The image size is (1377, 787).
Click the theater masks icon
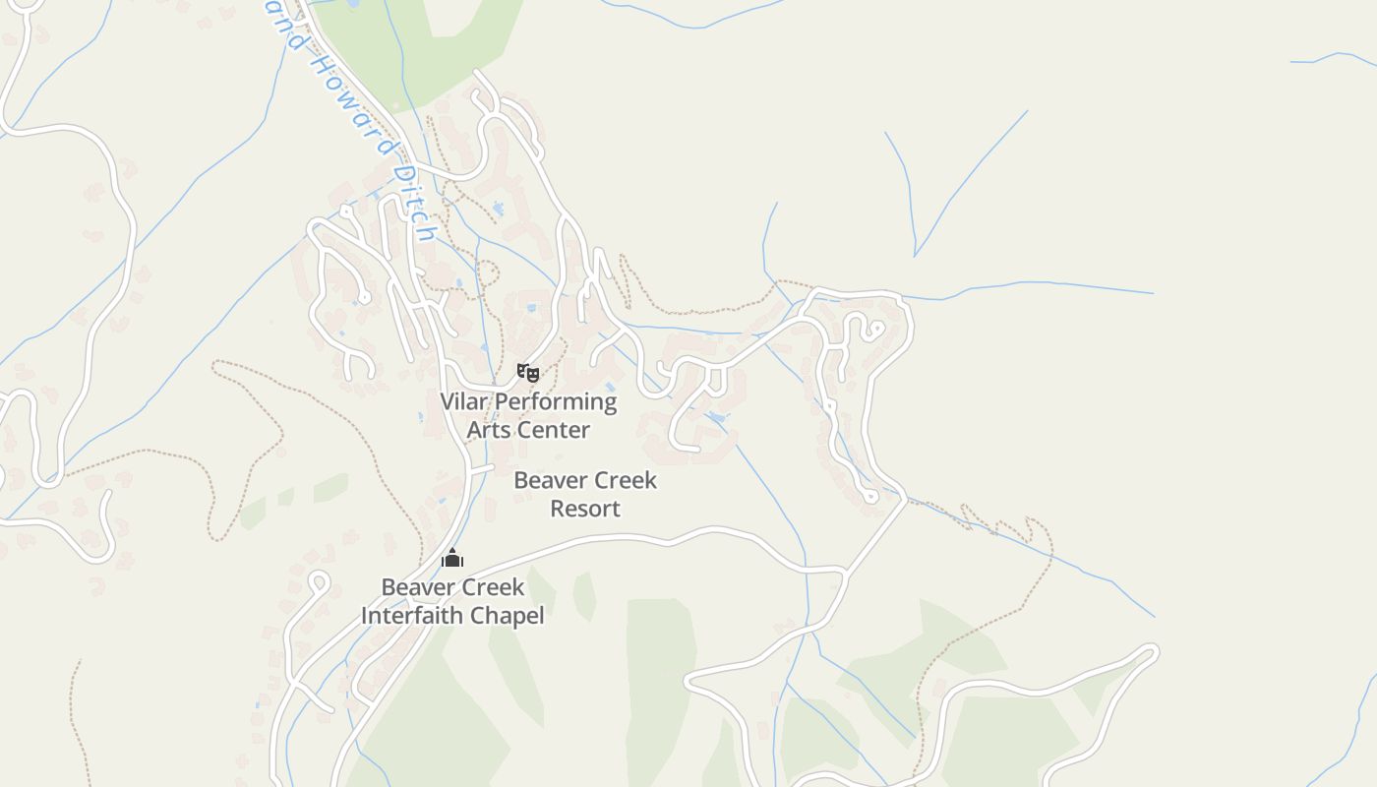coord(528,372)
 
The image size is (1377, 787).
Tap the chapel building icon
coord(452,559)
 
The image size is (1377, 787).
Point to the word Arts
coord(489,430)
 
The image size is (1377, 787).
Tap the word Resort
coord(585,509)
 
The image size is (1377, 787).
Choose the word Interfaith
coord(411,616)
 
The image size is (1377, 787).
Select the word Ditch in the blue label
coord(413,202)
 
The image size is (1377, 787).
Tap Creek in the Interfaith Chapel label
coord(490,587)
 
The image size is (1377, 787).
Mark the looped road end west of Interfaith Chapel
coord(318,581)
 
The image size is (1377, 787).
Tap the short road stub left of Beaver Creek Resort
coord(480,469)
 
